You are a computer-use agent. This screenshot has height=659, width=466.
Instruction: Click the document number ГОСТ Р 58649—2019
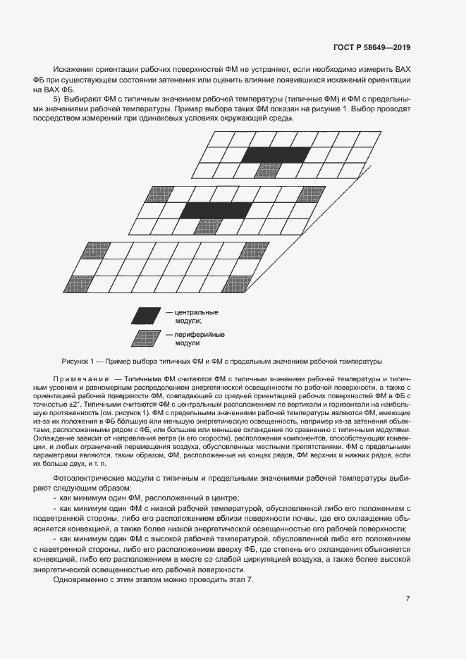tap(371, 48)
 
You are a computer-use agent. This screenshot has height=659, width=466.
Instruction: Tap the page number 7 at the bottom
tap(407, 599)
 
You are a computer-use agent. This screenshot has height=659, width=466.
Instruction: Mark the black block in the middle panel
tap(215, 210)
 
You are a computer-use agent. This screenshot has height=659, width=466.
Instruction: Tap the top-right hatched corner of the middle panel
tap(311, 193)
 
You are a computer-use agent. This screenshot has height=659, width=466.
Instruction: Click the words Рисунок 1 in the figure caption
tap(79, 361)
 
